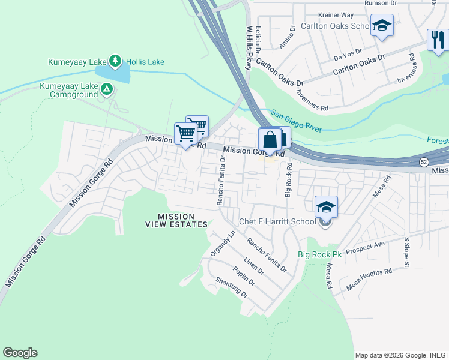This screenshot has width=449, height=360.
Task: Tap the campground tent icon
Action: pos(107,90)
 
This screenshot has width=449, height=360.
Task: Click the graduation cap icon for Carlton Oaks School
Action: pos(382,25)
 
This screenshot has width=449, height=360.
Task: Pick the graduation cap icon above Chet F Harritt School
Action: pos(326,206)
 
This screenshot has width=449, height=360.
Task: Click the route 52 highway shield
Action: pos(423,162)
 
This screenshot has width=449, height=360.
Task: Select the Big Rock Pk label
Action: pos(319,254)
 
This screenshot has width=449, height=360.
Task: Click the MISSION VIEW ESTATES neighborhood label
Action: pos(176,220)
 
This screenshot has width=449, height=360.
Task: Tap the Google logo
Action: pos(20,353)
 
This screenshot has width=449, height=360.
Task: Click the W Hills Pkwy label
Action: pos(247,48)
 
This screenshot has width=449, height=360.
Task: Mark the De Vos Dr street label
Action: pos(348,55)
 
